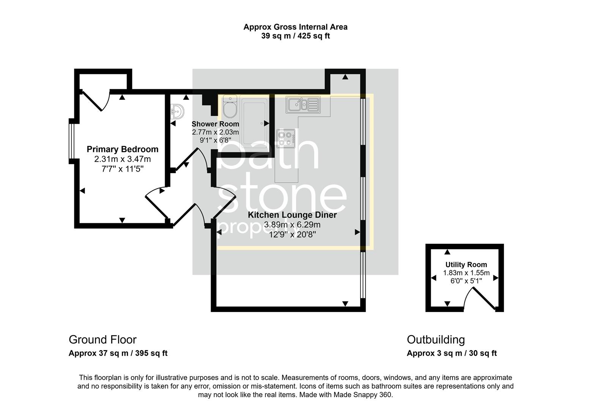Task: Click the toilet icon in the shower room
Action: pyautogui.click(x=229, y=107)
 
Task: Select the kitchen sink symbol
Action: pyautogui.click(x=303, y=104)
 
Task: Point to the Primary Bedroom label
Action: pyautogui.click(x=122, y=149)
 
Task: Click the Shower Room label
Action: pyautogui.click(x=215, y=124)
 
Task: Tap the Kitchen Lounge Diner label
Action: pyautogui.click(x=292, y=215)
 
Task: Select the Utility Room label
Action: pyautogui.click(x=466, y=265)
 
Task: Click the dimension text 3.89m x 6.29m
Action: pyautogui.click(x=292, y=225)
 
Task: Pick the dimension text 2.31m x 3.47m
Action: pyautogui.click(x=122, y=159)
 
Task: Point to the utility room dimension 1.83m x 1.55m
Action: pyautogui.click(x=466, y=273)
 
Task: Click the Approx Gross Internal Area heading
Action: pyautogui.click(x=295, y=27)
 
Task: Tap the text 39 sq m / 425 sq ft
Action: pyautogui.click(x=295, y=36)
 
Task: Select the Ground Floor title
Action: pyautogui.click(x=102, y=339)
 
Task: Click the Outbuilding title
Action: pyautogui.click(x=435, y=339)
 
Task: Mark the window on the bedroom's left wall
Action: pyautogui.click(x=71, y=141)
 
